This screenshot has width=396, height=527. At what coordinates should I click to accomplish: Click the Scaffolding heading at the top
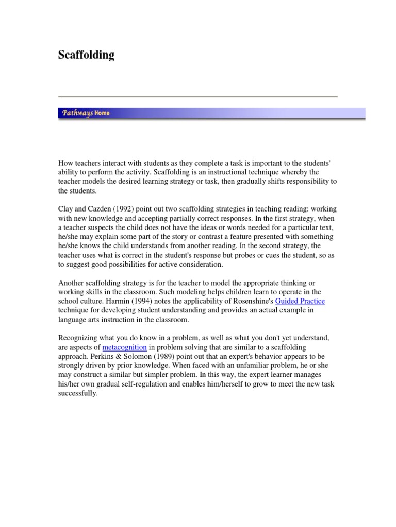point(86,55)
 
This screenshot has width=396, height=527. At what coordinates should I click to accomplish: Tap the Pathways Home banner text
point(86,113)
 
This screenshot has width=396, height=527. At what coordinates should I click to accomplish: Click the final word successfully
point(77,394)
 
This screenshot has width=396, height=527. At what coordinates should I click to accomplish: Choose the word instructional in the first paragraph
point(246,171)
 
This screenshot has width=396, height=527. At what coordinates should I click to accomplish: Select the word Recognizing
point(78,338)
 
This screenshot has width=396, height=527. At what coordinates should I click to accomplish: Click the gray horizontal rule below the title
point(198,96)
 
